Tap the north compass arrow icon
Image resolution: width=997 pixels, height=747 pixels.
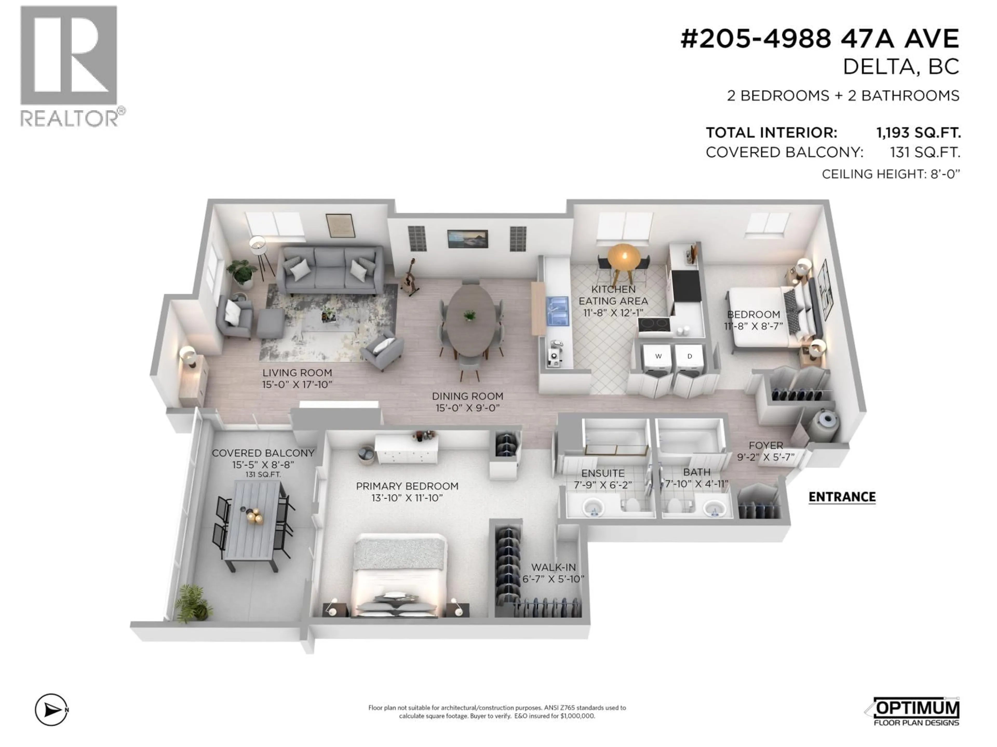click(51, 710)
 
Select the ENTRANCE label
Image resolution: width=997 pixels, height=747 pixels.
click(841, 497)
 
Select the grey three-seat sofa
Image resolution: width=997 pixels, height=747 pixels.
click(330, 270)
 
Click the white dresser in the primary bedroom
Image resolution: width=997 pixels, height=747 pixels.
click(407, 450)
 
